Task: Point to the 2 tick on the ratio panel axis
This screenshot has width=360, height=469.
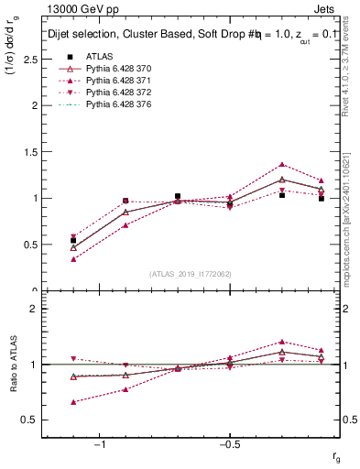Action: pyautogui.click(x=33, y=309)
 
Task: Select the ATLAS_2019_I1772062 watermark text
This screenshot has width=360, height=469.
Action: pyautogui.click(x=191, y=274)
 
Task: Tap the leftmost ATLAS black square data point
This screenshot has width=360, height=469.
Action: pyautogui.click(x=73, y=240)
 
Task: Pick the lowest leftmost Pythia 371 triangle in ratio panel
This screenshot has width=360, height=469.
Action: pyautogui.click(x=73, y=401)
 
